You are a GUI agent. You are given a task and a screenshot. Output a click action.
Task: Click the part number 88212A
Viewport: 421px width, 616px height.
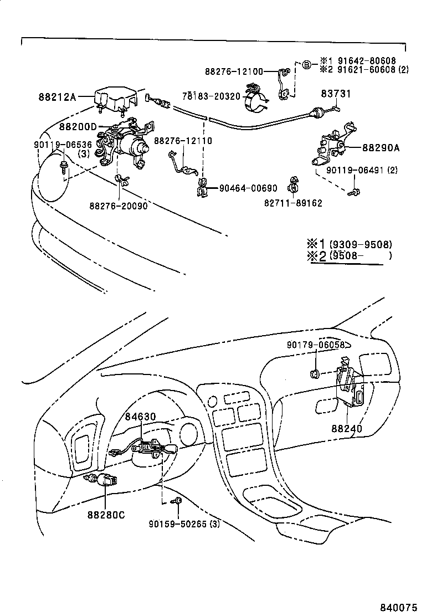(x=57, y=97)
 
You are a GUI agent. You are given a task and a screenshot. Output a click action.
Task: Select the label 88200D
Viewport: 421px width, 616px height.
(x=78, y=126)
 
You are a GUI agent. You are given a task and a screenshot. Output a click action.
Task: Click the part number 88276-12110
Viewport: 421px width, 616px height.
(x=183, y=141)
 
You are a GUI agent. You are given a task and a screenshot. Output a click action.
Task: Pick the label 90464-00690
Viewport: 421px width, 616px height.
(x=248, y=189)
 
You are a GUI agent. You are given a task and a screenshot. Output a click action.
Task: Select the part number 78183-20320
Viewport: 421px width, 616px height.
(x=212, y=96)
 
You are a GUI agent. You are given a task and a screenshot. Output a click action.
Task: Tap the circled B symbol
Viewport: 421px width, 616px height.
(x=306, y=65)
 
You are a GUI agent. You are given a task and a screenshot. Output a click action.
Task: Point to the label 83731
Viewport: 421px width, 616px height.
(x=337, y=94)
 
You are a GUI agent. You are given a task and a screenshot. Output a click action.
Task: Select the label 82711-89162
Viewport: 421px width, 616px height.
(x=293, y=203)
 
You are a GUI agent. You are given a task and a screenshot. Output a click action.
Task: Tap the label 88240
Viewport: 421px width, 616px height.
(x=347, y=429)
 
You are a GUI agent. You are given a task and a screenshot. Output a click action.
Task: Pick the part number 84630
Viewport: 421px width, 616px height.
(x=140, y=417)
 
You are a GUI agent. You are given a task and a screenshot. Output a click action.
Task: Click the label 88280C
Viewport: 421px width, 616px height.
(x=105, y=515)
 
